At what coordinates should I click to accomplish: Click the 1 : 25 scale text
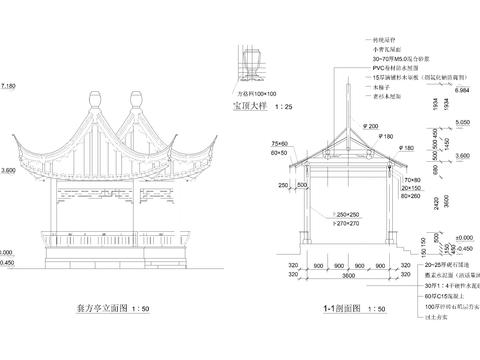pos(284,105)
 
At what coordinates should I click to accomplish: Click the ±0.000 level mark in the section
pos(462,236)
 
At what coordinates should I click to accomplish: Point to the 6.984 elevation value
pos(462,90)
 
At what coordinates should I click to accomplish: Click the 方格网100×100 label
pos(247,92)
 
